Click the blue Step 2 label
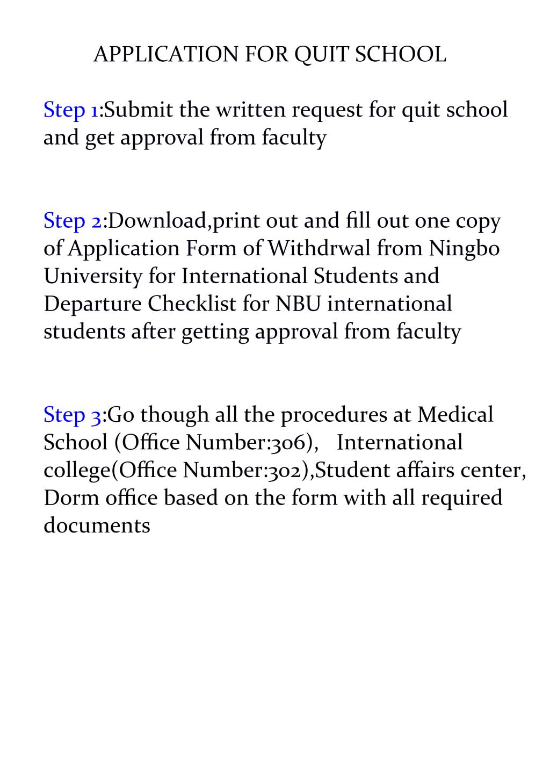73,221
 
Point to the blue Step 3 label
73,415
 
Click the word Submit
139,110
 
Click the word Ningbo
464,248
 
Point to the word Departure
93,304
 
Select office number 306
291,443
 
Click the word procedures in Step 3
335,415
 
